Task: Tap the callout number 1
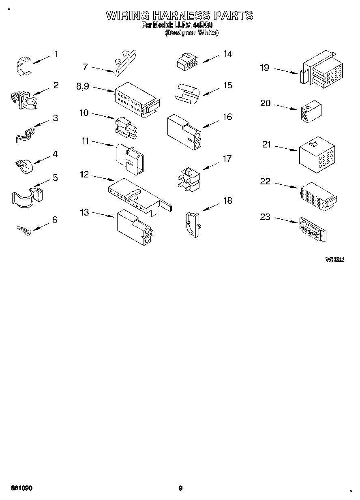[x=56, y=54]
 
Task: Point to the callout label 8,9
[x=83, y=86]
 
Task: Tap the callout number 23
[x=265, y=217]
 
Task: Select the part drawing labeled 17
[x=188, y=179]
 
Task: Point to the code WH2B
[x=334, y=259]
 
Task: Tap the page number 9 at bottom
[x=180, y=488]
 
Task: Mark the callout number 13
[x=84, y=212]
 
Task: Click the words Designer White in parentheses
[x=191, y=33]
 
